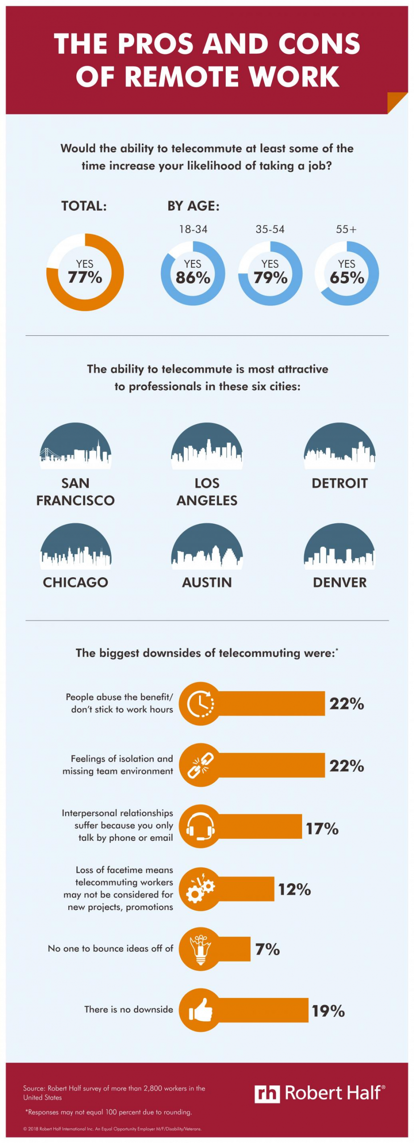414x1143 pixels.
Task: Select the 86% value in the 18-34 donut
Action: coord(193,278)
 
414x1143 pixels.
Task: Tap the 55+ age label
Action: coord(346,229)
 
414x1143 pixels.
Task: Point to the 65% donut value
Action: coord(347,278)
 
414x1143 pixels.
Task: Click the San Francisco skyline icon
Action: coord(75,446)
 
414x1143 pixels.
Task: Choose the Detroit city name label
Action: coord(339,483)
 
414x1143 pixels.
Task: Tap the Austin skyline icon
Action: coord(207,546)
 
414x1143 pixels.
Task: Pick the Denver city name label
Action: coord(339,582)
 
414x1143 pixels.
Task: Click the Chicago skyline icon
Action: coord(75,546)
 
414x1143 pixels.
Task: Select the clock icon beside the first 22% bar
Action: coord(200,704)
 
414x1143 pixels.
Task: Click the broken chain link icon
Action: coord(200,765)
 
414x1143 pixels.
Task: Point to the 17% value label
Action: coord(322,829)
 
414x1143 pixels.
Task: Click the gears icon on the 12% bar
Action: coord(200,889)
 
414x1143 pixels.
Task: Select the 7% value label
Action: coord(267,949)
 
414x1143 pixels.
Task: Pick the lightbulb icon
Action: coord(200,949)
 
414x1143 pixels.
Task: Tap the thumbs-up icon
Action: coord(200,1010)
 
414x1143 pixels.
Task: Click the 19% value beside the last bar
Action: coord(328,1011)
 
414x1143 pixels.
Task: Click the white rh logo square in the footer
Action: coord(267,1094)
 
